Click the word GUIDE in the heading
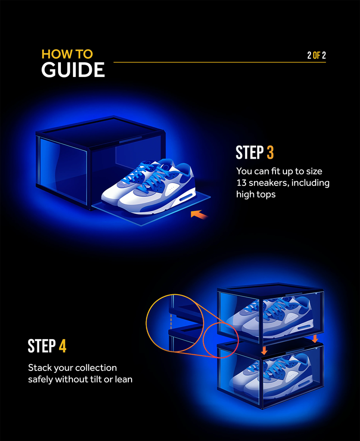[73, 70]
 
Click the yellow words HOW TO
[67, 54]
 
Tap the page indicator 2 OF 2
[316, 55]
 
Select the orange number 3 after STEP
[271, 153]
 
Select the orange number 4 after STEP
[62, 346]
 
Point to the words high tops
[256, 194]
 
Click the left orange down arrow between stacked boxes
[264, 351]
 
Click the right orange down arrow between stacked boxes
[315, 339]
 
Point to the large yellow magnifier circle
[174, 323]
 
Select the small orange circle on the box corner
[221, 340]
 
